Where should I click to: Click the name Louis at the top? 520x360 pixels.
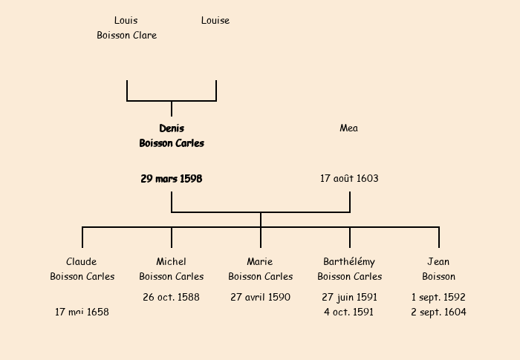pyautogui.click(x=126, y=21)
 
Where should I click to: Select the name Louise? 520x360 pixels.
pyautogui.click(x=215, y=21)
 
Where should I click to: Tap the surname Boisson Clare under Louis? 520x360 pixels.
pyautogui.click(x=126, y=35)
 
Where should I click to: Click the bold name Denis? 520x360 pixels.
pyautogui.click(x=172, y=128)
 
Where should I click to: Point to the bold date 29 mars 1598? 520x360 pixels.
pyautogui.click(x=172, y=179)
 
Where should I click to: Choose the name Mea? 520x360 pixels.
pyautogui.click(x=349, y=128)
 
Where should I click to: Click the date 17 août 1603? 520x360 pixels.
pyautogui.click(x=349, y=179)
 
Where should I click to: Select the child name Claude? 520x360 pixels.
pyautogui.click(x=82, y=262)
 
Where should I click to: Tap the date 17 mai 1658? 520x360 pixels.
pyautogui.click(x=82, y=312)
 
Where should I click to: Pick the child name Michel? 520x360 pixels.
pyautogui.click(x=172, y=262)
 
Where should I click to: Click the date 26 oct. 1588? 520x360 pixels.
pyautogui.click(x=172, y=298)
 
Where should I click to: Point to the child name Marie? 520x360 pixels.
pyautogui.click(x=260, y=262)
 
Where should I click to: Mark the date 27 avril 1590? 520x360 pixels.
pyautogui.click(x=260, y=298)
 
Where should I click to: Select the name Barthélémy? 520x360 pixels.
pyautogui.click(x=349, y=262)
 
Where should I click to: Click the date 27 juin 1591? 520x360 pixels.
pyautogui.click(x=349, y=298)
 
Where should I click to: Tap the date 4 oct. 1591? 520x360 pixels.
pyautogui.click(x=349, y=312)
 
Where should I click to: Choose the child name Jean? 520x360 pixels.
pyautogui.click(x=438, y=262)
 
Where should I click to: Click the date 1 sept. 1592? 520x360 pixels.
pyautogui.click(x=438, y=298)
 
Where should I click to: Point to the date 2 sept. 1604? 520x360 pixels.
pyautogui.click(x=438, y=312)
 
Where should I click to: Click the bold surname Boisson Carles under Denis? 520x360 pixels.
pyautogui.click(x=172, y=143)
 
